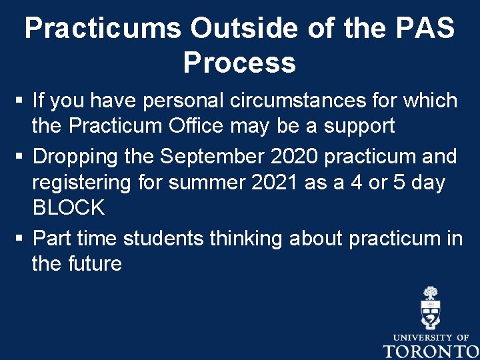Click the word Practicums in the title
[102, 29]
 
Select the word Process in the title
[239, 63]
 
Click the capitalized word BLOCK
[69, 207]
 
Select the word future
[95, 264]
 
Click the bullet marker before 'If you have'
[20, 102]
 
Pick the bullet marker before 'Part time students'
[20, 239]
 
